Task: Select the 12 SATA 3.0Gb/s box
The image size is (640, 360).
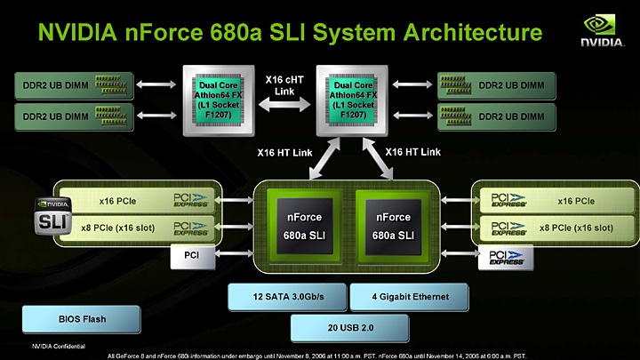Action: coord(285,296)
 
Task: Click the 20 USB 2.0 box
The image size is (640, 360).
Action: coord(349,327)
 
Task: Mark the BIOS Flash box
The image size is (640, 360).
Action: coord(82,317)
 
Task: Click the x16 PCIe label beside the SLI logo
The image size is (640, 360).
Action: coord(100,202)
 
